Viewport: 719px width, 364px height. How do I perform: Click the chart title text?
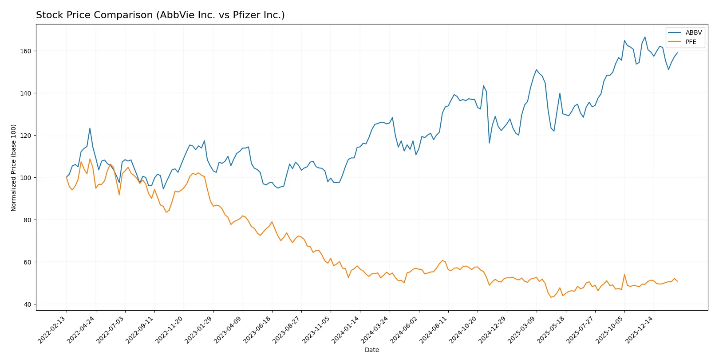pyautogui.click(x=160, y=15)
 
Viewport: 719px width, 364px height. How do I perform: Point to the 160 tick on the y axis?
pyautogui.click(x=26, y=51)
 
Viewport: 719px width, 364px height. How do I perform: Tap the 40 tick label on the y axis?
pyautogui.click(x=28, y=304)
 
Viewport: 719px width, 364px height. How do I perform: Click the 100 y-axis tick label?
pyautogui.click(x=26, y=178)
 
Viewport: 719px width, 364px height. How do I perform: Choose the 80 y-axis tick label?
pyautogui.click(x=28, y=220)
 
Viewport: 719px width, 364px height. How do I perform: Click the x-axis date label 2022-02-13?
pyautogui.click(x=52, y=330)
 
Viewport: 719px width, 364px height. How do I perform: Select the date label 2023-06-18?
pyautogui.click(x=258, y=330)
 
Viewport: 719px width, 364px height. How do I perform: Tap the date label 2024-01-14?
pyautogui.click(x=346, y=330)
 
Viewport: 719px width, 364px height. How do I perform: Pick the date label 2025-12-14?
pyautogui.click(x=640, y=330)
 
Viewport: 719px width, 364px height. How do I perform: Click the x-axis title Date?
pyautogui.click(x=371, y=350)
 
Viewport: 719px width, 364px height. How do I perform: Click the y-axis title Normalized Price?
pyautogui.click(x=14, y=168)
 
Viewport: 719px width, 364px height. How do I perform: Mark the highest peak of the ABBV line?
pyautogui.click(x=645, y=37)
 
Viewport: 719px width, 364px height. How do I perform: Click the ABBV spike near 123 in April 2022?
pyautogui.click(x=90, y=128)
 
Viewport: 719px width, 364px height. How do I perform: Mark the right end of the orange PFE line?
pyautogui.click(x=677, y=281)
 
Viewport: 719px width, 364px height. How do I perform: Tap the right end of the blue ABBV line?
pyautogui.click(x=677, y=53)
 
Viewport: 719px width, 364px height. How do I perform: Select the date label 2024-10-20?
pyautogui.click(x=463, y=330)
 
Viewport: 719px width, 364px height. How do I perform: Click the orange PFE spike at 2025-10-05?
pyautogui.click(x=624, y=275)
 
